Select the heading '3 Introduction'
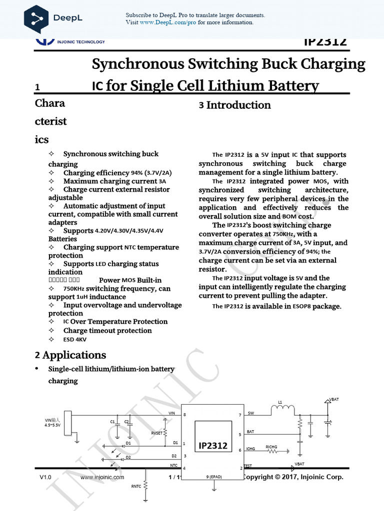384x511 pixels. coord(234,105)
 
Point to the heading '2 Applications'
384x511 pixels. coord(70,355)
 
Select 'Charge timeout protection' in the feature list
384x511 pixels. coord(107,330)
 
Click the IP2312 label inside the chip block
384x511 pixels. coord(213,445)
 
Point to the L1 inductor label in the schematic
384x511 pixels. coord(280,402)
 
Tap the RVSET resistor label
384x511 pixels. coord(157,433)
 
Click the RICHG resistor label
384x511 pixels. coord(271,447)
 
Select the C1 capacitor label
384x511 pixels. coord(112,422)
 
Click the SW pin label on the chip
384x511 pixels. coord(250,413)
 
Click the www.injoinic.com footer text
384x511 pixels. coord(102,477)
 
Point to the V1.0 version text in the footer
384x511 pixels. coord(45,477)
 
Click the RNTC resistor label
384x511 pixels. coord(136,486)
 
